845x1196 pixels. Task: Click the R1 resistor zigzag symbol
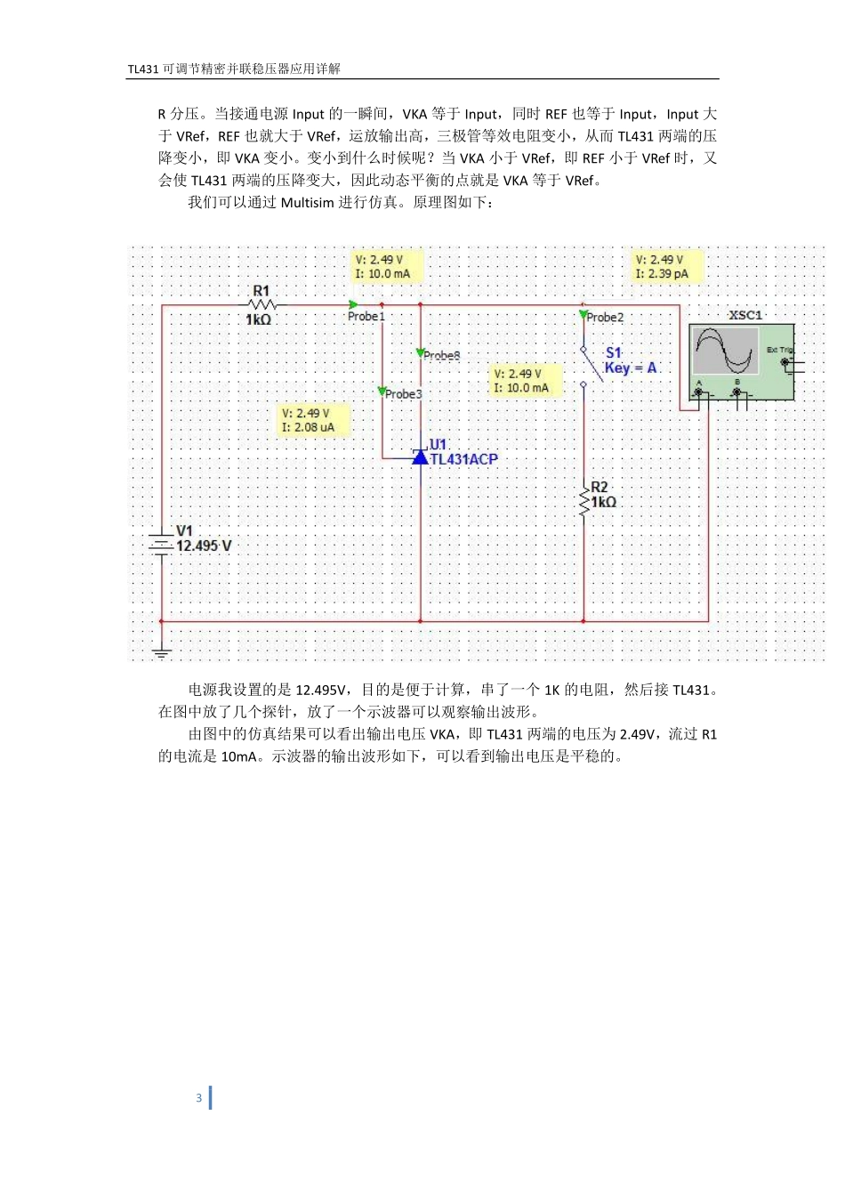(261, 305)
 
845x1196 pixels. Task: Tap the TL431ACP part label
(463, 459)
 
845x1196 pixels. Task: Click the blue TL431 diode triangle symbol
(421, 457)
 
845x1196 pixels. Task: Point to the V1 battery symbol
(161, 544)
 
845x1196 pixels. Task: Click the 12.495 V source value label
(204, 545)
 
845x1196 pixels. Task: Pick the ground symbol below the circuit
(161, 652)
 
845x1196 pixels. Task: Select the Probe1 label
(366, 317)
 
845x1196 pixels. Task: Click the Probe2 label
(605, 318)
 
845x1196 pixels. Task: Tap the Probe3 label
(404, 394)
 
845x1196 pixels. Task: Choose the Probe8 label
(442, 356)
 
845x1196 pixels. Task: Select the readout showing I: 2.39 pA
(662, 274)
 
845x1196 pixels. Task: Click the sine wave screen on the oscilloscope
(726, 351)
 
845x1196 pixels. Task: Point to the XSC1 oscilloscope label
(745, 315)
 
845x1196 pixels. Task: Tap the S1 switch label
(614, 353)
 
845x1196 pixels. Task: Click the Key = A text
(631, 368)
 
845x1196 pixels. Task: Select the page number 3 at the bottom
(198, 1098)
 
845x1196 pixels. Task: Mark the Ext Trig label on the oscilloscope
(779, 351)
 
